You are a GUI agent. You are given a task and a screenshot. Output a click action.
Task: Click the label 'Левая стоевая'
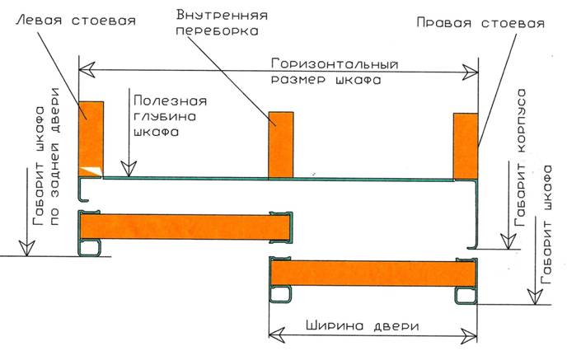click(x=76, y=20)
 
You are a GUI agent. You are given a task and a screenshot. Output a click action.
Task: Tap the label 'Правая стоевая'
click(x=480, y=23)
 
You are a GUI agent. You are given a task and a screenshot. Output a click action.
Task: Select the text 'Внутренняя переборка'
click(x=222, y=22)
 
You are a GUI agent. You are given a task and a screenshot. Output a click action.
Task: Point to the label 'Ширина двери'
click(x=363, y=326)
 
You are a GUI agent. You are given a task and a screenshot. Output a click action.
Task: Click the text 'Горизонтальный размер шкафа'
click(x=335, y=72)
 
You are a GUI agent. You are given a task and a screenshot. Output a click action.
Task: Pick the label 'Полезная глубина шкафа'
click(x=171, y=116)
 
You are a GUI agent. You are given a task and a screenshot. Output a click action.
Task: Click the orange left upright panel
click(x=91, y=139)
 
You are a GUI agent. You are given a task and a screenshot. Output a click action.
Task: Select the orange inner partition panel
click(x=280, y=145)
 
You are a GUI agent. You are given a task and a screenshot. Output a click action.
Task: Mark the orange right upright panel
click(x=466, y=147)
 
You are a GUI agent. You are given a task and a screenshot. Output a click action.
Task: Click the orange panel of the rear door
click(x=185, y=227)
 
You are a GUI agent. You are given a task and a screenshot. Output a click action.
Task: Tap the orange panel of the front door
click(x=373, y=274)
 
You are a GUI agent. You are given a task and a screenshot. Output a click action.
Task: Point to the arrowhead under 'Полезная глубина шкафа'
click(x=129, y=169)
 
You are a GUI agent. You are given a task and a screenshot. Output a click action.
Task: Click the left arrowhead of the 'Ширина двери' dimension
click(x=277, y=335)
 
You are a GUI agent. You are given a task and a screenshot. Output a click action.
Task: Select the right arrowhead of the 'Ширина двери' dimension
click(x=469, y=336)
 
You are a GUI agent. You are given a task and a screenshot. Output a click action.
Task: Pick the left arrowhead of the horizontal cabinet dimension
click(x=87, y=69)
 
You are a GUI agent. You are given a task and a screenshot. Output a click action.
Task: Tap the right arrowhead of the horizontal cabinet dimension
click(x=470, y=72)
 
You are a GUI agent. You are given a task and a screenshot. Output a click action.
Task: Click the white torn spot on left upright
click(x=91, y=171)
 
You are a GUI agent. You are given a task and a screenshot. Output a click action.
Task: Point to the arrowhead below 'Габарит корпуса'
click(x=508, y=241)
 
